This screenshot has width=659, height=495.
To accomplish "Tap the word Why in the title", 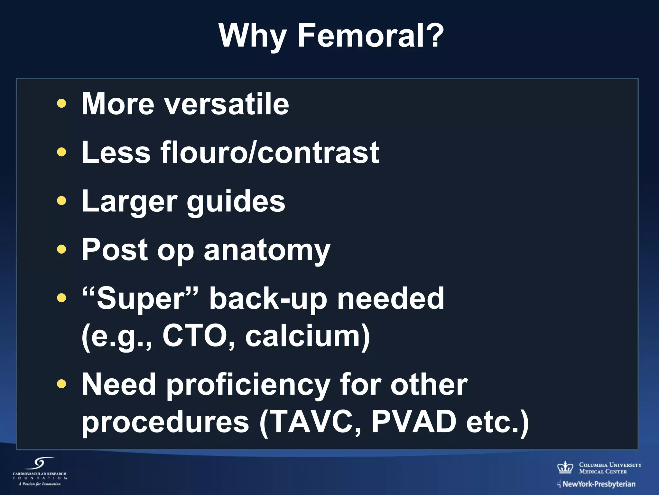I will click(x=253, y=36).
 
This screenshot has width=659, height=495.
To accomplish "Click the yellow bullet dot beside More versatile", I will click(x=61, y=103).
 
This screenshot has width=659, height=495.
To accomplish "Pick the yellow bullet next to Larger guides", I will click(x=61, y=201).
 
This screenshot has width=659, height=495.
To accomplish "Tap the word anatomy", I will click(x=267, y=251).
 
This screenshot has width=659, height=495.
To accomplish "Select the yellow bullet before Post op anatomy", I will click(x=61, y=249).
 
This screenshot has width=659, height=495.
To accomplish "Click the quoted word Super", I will click(x=140, y=299).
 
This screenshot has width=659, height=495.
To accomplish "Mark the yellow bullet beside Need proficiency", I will click(x=61, y=383).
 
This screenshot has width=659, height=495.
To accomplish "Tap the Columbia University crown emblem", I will click(x=565, y=467).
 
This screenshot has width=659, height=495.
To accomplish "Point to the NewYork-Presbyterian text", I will click(x=599, y=484).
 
